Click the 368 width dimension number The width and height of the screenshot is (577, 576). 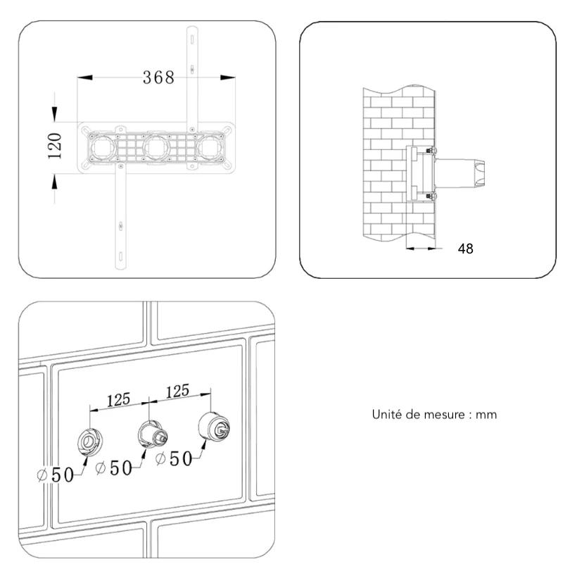158,77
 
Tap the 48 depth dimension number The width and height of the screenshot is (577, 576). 465,249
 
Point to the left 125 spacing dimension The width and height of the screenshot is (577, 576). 118,399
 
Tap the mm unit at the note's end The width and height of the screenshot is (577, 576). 486,415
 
